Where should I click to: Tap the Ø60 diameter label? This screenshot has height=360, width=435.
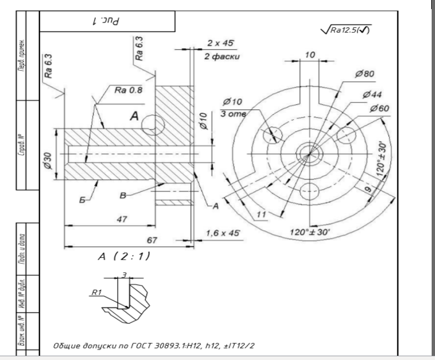(x=380, y=108)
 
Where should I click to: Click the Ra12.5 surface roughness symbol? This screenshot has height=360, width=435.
(x=348, y=30)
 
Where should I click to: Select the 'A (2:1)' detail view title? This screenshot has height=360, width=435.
(x=123, y=256)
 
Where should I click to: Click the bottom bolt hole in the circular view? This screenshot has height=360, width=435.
(x=310, y=190)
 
